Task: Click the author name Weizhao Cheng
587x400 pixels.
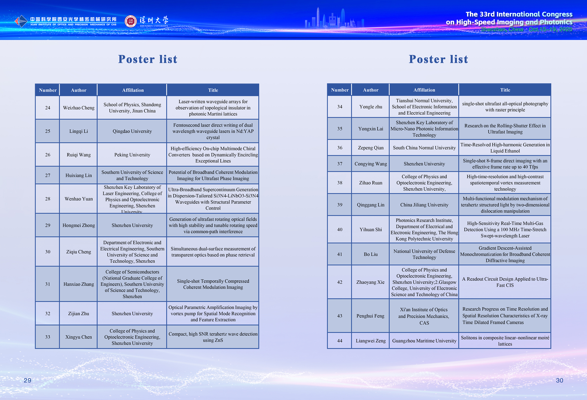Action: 79,108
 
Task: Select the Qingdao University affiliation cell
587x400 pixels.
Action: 132,131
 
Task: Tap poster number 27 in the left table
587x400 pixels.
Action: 48,175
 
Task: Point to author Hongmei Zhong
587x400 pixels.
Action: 79,225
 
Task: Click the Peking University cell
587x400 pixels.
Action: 132,155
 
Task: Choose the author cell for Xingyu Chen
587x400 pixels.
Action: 79,337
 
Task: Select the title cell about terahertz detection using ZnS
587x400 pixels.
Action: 213,337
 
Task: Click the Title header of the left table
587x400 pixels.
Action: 213,90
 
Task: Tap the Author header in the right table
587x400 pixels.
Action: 371,90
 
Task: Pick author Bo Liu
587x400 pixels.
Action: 371,254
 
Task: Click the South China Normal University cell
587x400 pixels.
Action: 424,148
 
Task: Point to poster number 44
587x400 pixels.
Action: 340,341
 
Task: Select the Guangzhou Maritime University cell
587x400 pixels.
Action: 424,341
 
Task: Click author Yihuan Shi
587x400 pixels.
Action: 371,230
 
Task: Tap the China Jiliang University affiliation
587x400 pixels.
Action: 424,205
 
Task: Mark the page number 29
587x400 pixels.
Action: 28,380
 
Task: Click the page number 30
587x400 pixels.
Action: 559,380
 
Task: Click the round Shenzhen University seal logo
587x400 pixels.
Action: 131,21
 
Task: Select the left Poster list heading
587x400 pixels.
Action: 148,59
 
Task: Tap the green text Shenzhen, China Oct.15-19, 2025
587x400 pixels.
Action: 526,29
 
